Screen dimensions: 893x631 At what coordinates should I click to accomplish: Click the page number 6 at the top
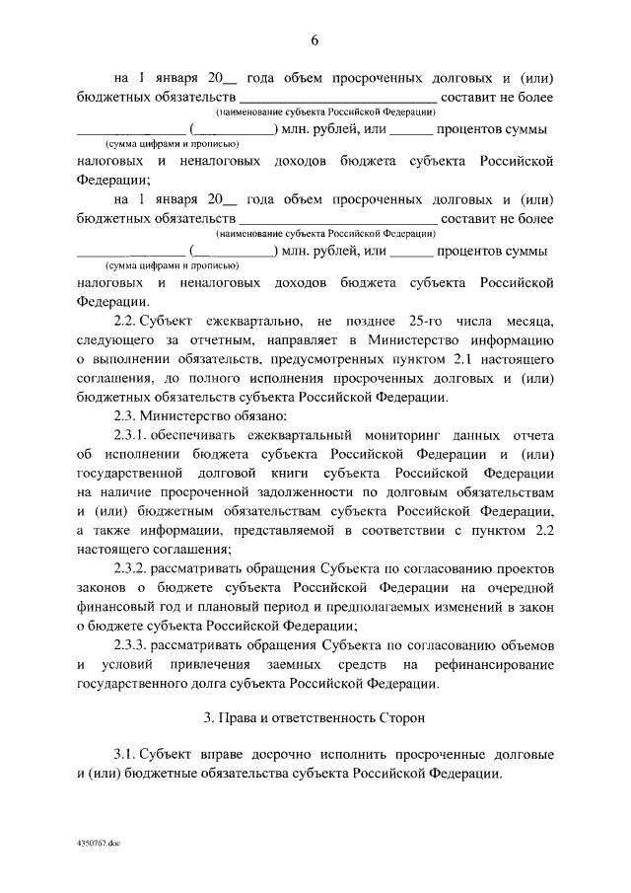coord(315,40)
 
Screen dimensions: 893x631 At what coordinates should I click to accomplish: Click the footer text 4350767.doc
coord(96,846)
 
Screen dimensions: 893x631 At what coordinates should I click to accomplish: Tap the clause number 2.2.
coord(125,322)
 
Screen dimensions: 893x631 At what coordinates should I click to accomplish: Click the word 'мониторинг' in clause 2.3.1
coord(393,435)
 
